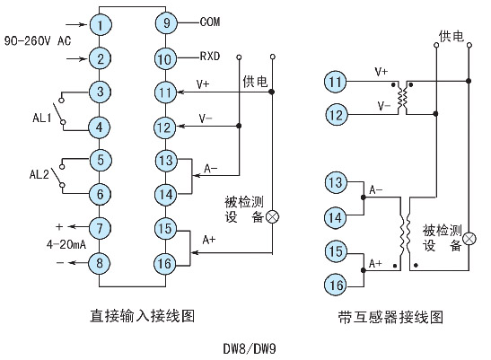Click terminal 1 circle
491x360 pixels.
pos(101,23)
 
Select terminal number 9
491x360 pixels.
pos(163,23)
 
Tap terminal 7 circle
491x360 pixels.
pos(101,227)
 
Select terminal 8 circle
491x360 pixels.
pos(101,261)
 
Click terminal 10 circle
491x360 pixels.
pos(163,58)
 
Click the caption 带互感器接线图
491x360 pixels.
pos(390,316)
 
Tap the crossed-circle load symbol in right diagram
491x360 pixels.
pos(468,238)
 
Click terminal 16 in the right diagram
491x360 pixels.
pos(334,285)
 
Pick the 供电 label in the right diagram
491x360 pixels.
pos(452,36)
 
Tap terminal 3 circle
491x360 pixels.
pos(101,92)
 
